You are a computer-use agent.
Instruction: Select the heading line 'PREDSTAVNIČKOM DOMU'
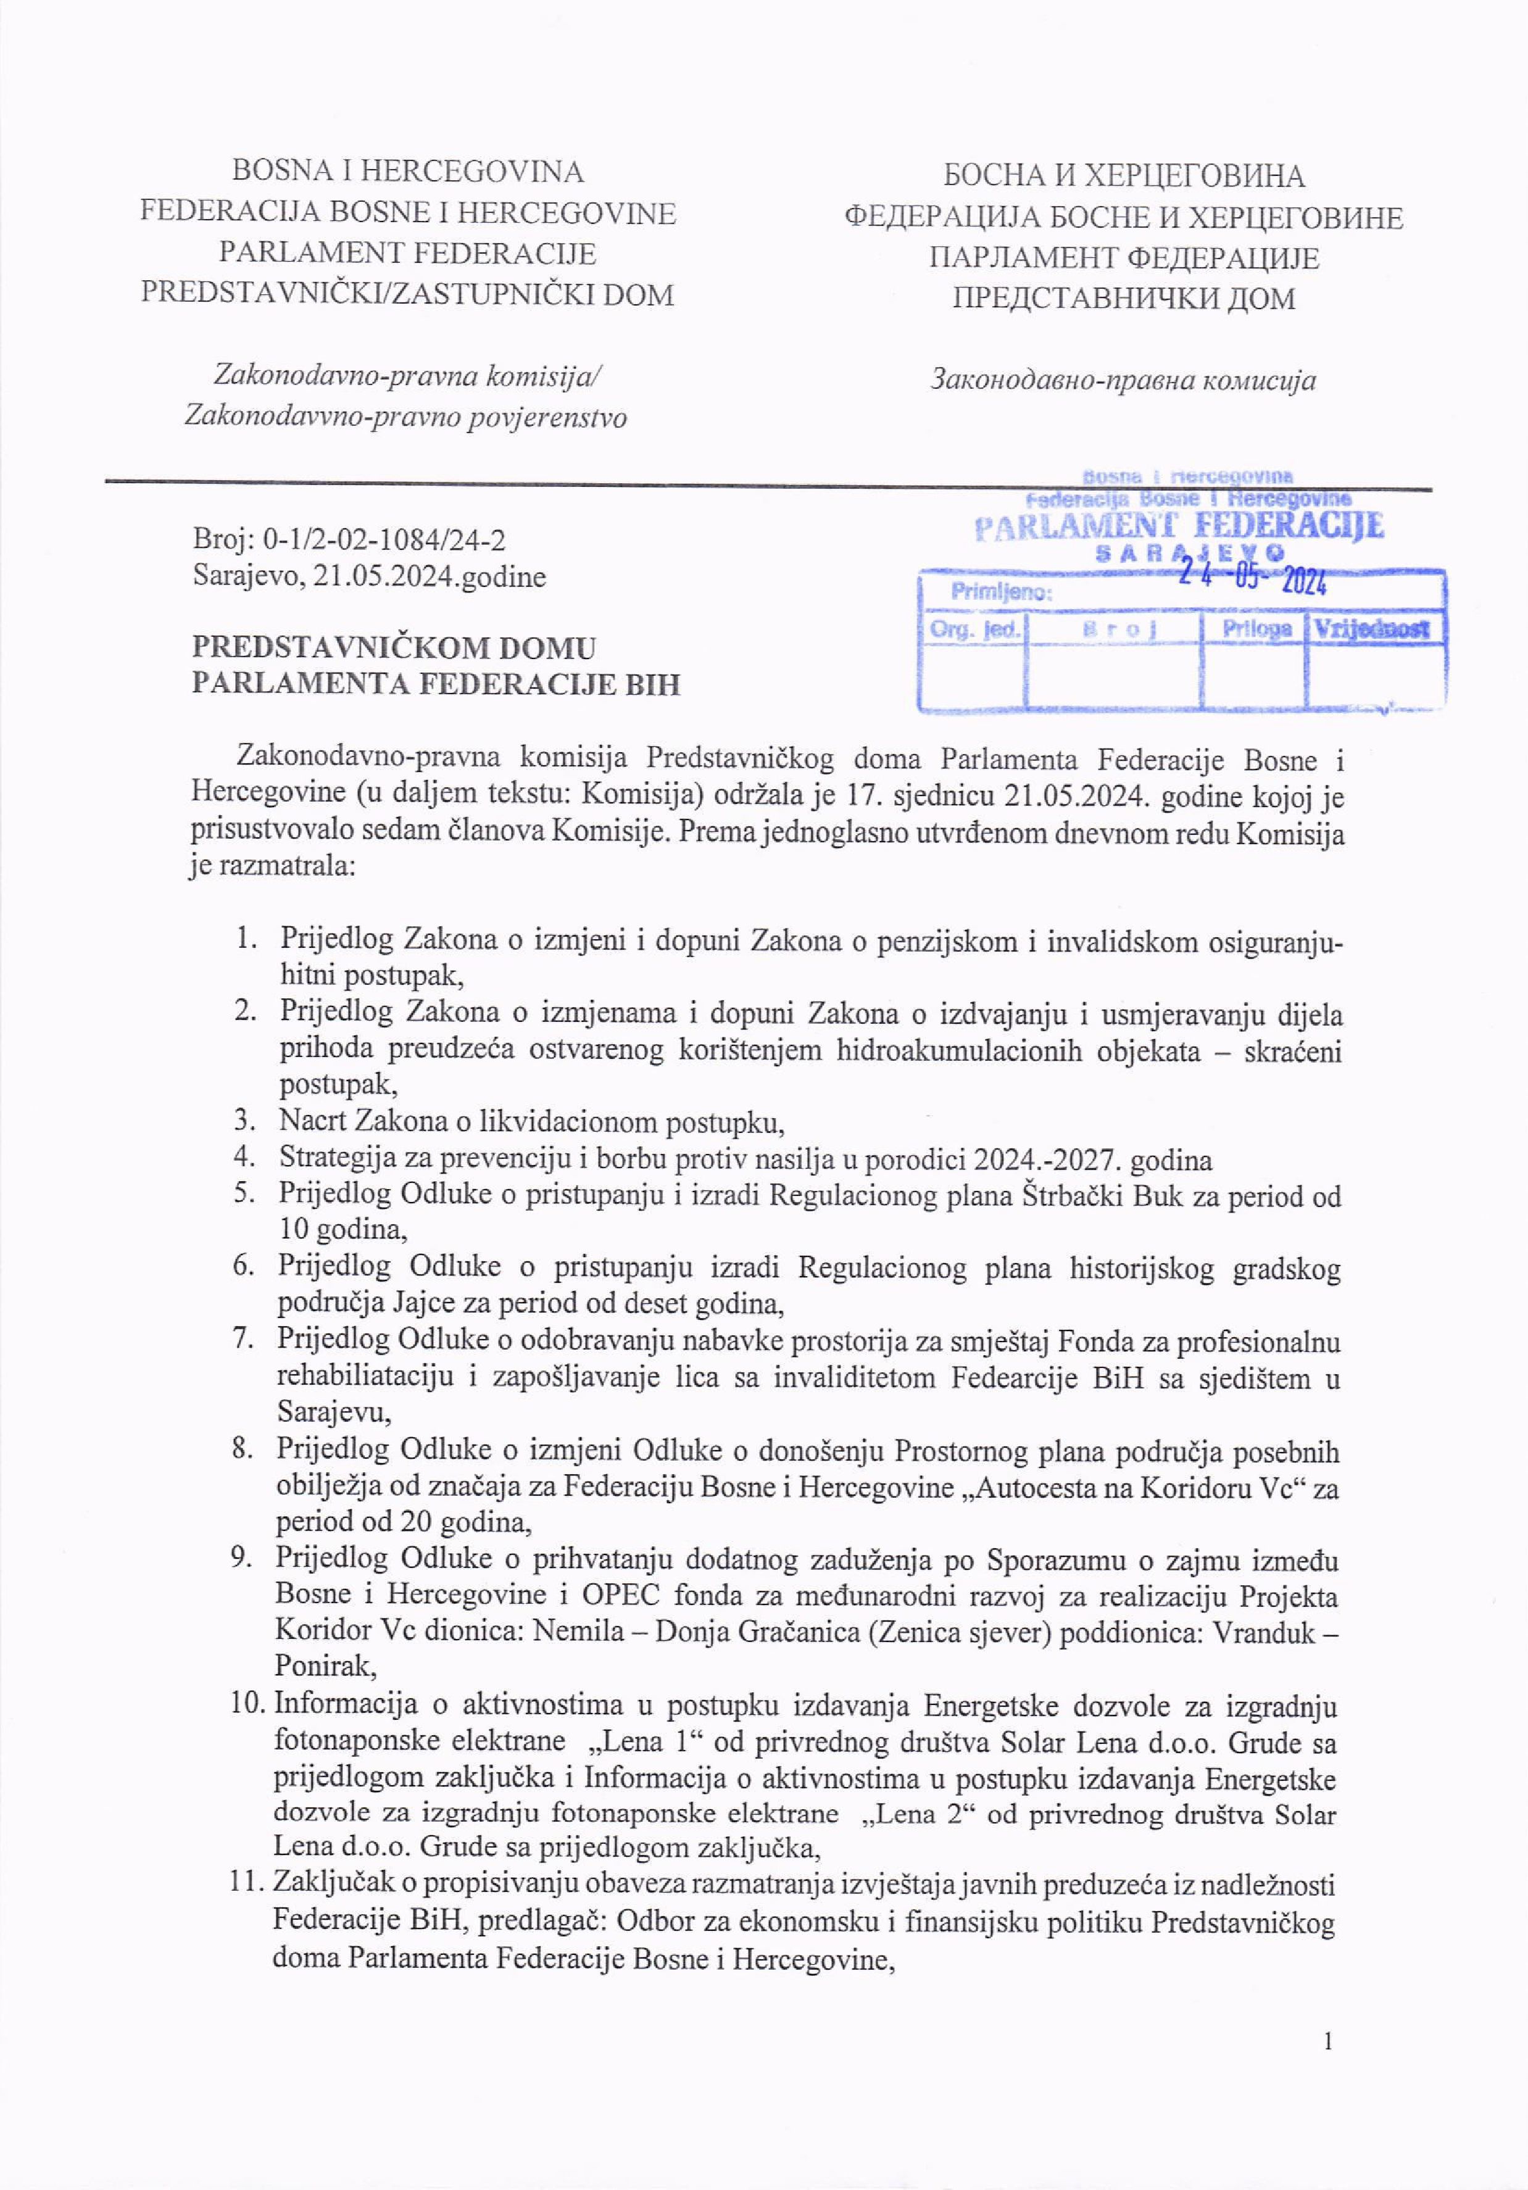[x=393, y=648]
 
